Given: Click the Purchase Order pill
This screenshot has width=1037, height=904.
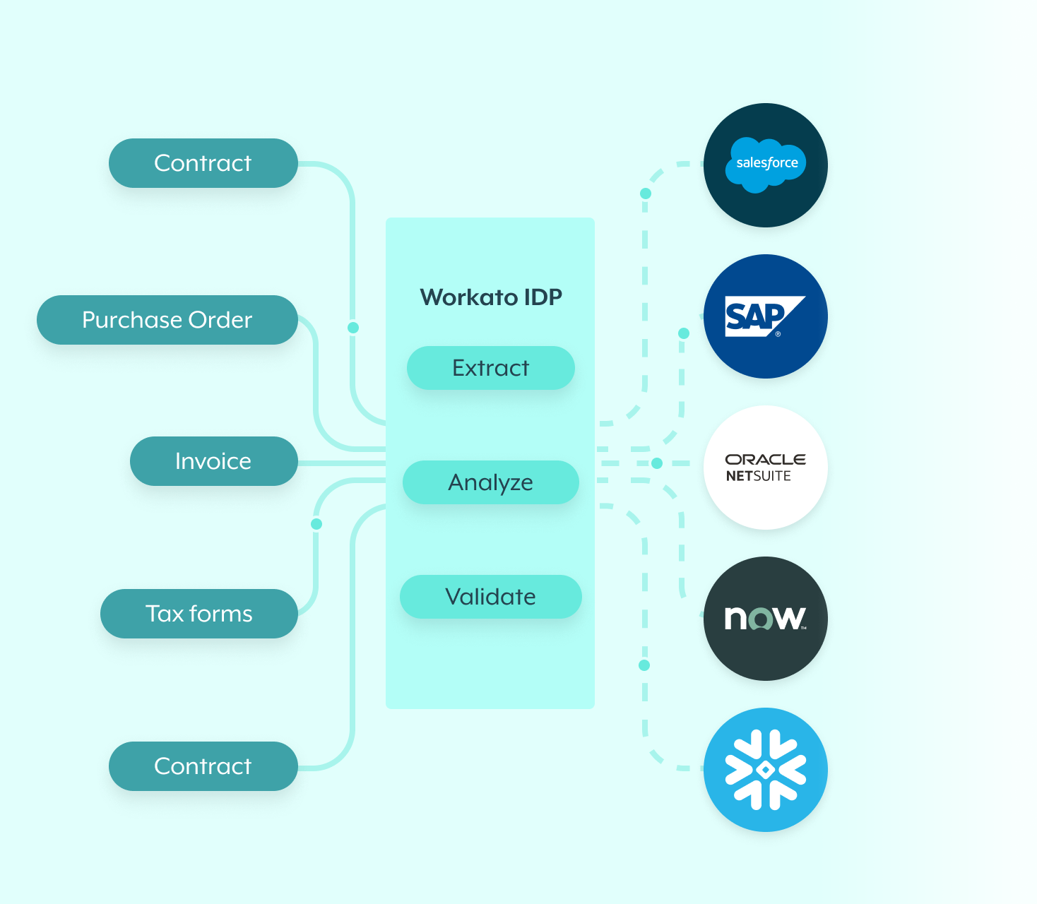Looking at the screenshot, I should point(167,320).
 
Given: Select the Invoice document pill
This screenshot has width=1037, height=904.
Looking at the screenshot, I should point(213,461).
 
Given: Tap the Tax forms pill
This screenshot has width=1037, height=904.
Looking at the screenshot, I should point(198,614).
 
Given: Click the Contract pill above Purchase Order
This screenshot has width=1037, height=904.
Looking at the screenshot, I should point(203,163).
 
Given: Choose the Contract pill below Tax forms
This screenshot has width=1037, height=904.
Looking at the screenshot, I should point(203,766).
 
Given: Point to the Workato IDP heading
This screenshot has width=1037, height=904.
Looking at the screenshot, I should point(491,297).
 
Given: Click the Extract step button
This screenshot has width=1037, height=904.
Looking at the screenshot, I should point(490,368).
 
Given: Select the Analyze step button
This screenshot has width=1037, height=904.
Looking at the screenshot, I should point(490,482).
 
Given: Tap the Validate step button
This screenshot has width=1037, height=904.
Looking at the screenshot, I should point(490,597).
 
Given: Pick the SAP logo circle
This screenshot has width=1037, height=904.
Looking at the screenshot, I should point(766,316).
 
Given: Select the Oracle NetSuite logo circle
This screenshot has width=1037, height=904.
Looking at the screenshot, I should point(766,468).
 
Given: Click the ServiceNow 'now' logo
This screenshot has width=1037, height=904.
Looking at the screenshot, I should point(766,619).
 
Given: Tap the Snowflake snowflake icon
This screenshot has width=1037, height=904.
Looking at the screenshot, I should point(766,770).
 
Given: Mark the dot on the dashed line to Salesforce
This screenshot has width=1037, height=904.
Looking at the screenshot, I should point(645,194).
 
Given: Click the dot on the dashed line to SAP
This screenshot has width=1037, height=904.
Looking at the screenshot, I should point(683,333).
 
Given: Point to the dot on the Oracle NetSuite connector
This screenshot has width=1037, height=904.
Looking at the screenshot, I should point(657,463).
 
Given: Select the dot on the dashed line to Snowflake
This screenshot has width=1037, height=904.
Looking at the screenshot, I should point(644,665).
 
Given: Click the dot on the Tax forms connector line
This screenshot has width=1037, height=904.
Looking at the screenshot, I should point(316,524).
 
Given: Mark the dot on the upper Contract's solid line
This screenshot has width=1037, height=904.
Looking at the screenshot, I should point(353,328).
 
